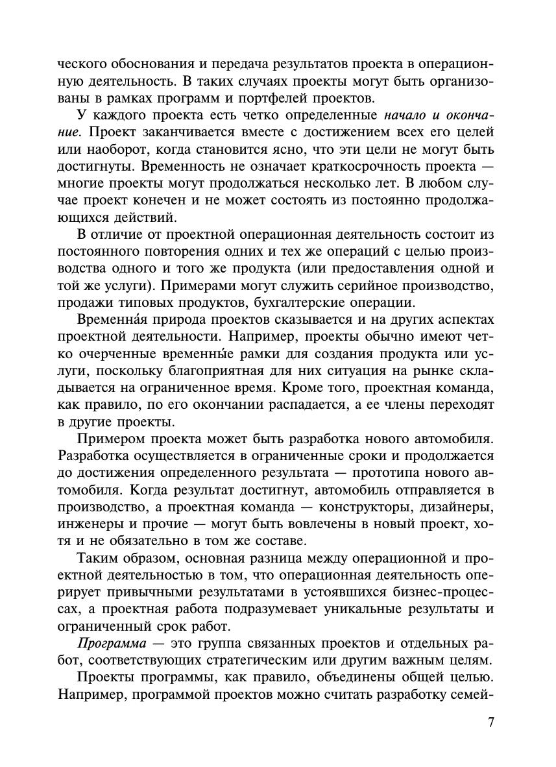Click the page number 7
click(490, 722)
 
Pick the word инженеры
click(87, 524)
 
